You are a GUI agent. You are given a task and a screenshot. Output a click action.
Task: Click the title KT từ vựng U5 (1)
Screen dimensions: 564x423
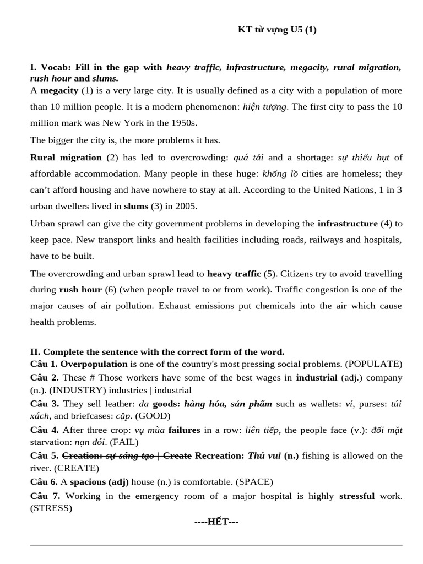277,30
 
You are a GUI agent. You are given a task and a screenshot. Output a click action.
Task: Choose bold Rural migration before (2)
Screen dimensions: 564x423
66,158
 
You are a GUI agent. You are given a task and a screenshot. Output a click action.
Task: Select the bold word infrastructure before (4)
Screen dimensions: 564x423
348,224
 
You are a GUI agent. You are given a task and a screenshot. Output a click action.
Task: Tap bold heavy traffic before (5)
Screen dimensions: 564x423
234,274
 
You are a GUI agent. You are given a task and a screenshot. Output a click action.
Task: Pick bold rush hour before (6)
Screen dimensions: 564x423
80,290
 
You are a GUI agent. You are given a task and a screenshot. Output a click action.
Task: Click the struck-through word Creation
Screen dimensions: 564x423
82,455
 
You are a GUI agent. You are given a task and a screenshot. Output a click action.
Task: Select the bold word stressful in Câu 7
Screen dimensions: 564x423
356,496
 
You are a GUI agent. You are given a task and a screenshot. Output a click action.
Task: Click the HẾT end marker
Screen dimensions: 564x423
216,522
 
